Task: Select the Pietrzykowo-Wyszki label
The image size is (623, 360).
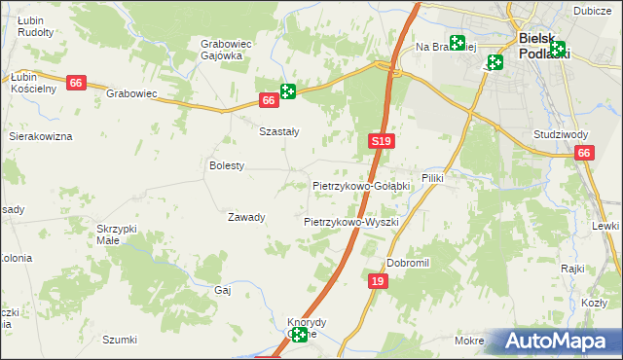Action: tap(351, 222)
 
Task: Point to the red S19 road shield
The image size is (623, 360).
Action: tap(382, 142)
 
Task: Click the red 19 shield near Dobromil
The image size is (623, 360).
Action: tap(379, 281)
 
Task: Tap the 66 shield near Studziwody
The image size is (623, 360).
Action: tap(583, 153)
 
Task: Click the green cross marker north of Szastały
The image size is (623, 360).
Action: tap(288, 91)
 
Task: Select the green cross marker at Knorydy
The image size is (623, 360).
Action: tap(299, 335)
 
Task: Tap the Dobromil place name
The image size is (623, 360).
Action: tap(408, 263)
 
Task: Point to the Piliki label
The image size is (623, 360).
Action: tap(432, 192)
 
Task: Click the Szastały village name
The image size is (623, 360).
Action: tap(277, 131)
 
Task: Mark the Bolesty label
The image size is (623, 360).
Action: tap(227, 166)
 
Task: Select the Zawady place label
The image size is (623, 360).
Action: tap(246, 217)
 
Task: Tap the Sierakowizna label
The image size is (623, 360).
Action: tap(41, 136)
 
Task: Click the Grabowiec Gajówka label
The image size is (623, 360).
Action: tap(221, 50)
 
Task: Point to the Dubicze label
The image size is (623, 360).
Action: tap(592, 10)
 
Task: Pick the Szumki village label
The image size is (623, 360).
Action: tap(120, 340)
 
